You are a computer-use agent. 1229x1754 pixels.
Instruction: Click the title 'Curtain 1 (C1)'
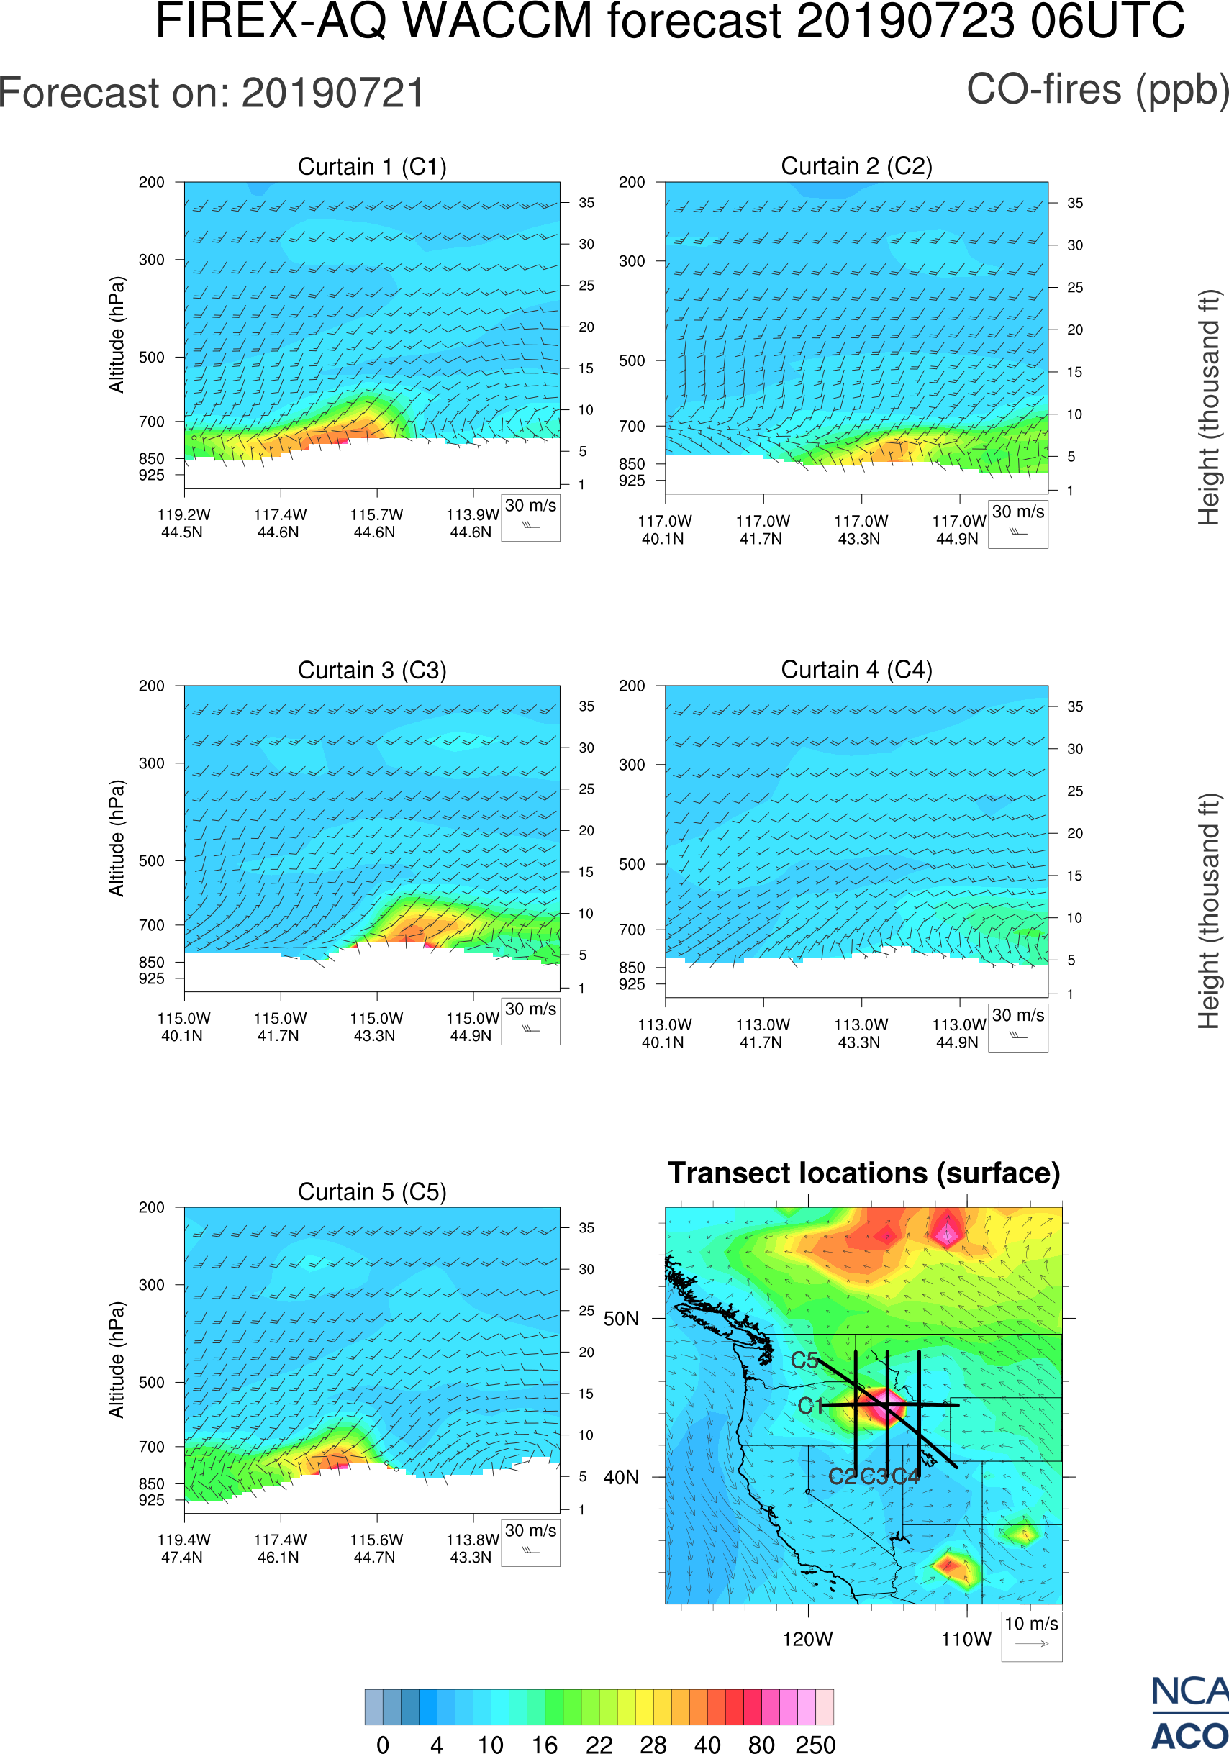[372, 166]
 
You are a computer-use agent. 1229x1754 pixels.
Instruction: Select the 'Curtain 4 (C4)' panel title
[856, 670]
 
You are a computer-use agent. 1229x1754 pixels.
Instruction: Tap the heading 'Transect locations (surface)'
[864, 1173]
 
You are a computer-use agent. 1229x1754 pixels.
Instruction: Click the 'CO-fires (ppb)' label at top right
[1097, 90]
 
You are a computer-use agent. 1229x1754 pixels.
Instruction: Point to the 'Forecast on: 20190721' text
[212, 94]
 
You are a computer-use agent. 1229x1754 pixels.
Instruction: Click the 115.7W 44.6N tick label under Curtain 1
[376, 523]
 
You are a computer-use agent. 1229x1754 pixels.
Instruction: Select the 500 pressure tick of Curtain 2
[632, 360]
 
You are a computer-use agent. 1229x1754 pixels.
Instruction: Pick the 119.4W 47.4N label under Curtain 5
[183, 1548]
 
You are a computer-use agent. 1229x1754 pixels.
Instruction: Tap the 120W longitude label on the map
[807, 1640]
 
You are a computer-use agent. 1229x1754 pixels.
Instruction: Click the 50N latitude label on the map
[621, 1319]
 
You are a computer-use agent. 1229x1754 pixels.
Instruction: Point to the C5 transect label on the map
[804, 1360]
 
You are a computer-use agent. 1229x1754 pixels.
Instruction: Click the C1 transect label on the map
[809, 1406]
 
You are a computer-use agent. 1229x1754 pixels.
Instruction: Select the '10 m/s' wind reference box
[1031, 1635]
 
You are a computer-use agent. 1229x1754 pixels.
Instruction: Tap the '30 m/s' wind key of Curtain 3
[531, 1020]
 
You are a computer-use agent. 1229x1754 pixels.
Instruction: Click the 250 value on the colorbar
[815, 1744]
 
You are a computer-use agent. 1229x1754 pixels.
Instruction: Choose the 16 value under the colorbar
[545, 1744]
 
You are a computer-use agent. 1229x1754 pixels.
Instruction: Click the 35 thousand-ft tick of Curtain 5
[586, 1227]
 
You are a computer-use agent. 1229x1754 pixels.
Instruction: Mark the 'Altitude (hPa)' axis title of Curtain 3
[116, 838]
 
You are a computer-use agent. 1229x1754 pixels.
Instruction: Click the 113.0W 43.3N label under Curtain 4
[861, 1034]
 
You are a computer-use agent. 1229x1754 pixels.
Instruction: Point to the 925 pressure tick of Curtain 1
[151, 475]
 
